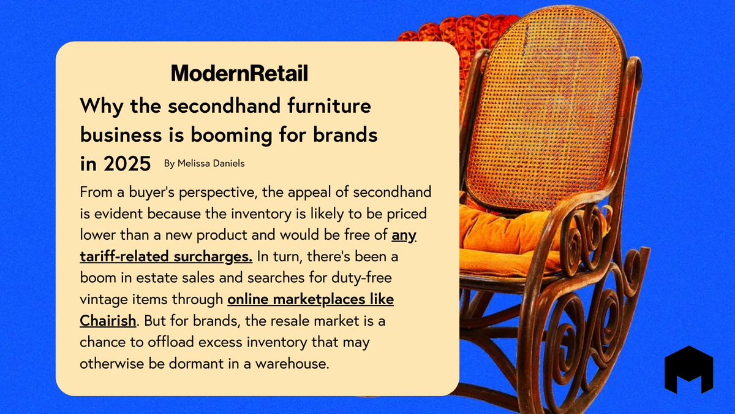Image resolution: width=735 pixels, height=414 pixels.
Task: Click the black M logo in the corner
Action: pos(688,369)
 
